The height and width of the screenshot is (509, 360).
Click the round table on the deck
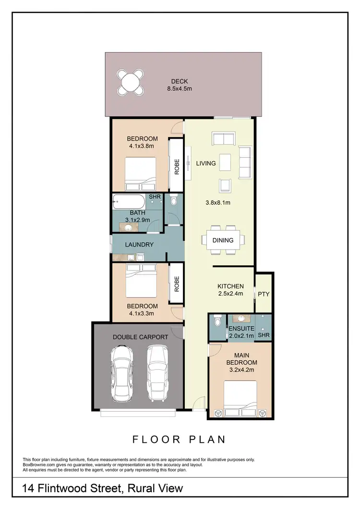(132, 82)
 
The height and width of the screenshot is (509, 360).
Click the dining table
(223, 240)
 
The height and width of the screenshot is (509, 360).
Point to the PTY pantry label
(263, 294)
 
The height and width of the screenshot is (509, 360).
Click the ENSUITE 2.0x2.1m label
(241, 331)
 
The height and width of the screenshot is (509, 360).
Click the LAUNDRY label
(139, 245)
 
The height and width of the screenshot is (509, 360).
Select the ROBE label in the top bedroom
(177, 166)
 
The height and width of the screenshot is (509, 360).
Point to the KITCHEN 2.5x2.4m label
(230, 290)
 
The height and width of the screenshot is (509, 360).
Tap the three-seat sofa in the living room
(245, 163)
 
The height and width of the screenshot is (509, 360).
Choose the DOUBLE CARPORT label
(140, 337)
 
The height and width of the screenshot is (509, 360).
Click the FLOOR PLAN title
(179, 439)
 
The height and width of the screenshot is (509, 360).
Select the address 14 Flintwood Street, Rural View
(103, 488)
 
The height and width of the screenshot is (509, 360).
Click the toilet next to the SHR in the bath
(174, 200)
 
